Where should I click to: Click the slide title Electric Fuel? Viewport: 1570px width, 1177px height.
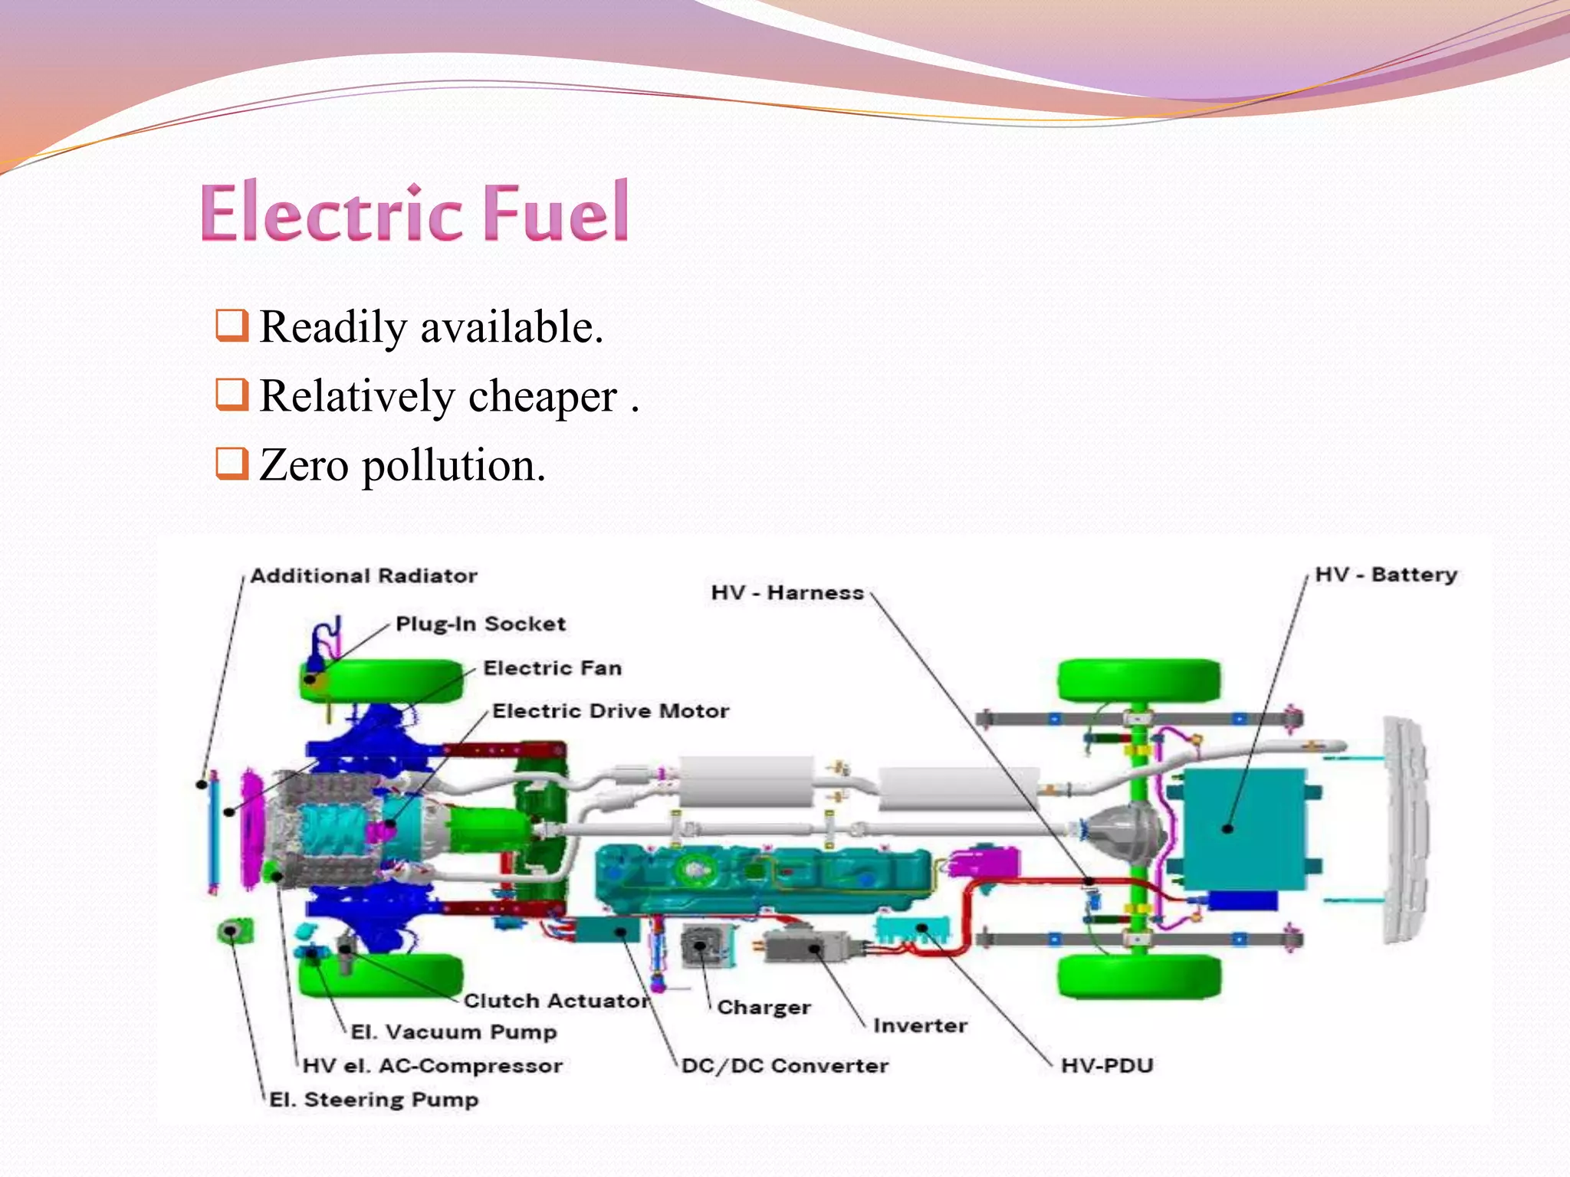tap(415, 212)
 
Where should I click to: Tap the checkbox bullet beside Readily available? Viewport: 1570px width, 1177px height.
tap(232, 325)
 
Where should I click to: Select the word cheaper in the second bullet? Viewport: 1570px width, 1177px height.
tap(542, 397)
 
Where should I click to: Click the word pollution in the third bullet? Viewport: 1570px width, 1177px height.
tap(453, 466)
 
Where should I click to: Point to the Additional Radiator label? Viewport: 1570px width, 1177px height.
tap(363, 575)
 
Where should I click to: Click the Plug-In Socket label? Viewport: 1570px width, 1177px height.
tap(481, 624)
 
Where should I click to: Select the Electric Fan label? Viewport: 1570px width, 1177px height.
tap(552, 668)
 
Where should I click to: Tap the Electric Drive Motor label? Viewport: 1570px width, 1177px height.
tap(610, 711)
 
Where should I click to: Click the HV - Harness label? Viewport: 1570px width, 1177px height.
tap(787, 592)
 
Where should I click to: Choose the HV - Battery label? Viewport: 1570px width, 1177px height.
tap(1386, 575)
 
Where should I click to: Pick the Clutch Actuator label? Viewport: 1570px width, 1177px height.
tap(557, 1001)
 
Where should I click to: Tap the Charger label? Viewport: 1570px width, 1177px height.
tap(764, 1008)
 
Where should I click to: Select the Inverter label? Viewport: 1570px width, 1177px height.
tap(920, 1025)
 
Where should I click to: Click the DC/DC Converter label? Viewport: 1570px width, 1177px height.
tap(785, 1066)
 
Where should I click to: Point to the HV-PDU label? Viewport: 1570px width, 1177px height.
tap(1107, 1066)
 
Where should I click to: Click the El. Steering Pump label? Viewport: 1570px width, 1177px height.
tap(374, 1100)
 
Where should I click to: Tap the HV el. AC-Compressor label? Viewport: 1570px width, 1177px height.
tap(432, 1066)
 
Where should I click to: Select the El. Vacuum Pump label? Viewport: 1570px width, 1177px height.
tap(454, 1032)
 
